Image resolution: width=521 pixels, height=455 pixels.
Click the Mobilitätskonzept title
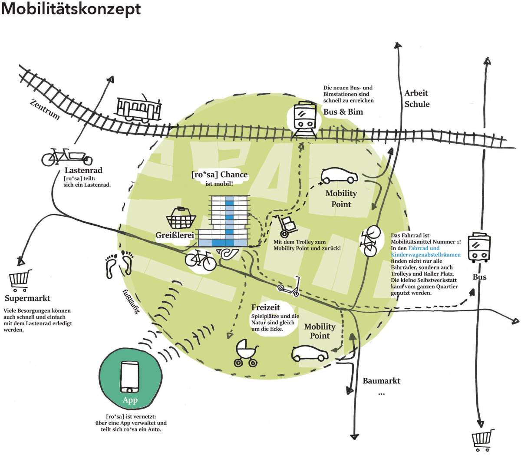click(71, 9)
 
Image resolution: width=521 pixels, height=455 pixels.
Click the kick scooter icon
click(289, 287)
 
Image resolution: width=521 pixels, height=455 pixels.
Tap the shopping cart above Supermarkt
click(20, 280)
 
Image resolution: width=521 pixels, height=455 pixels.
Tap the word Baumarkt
click(381, 381)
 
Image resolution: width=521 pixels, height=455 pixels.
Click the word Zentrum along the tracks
click(45, 109)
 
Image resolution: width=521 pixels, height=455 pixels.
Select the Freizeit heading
click(266, 307)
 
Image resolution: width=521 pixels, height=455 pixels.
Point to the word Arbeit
click(416, 93)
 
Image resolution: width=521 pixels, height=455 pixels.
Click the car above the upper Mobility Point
click(340, 176)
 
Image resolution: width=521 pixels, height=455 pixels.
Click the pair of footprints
click(119, 264)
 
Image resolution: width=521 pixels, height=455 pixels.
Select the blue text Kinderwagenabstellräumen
click(425, 254)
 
